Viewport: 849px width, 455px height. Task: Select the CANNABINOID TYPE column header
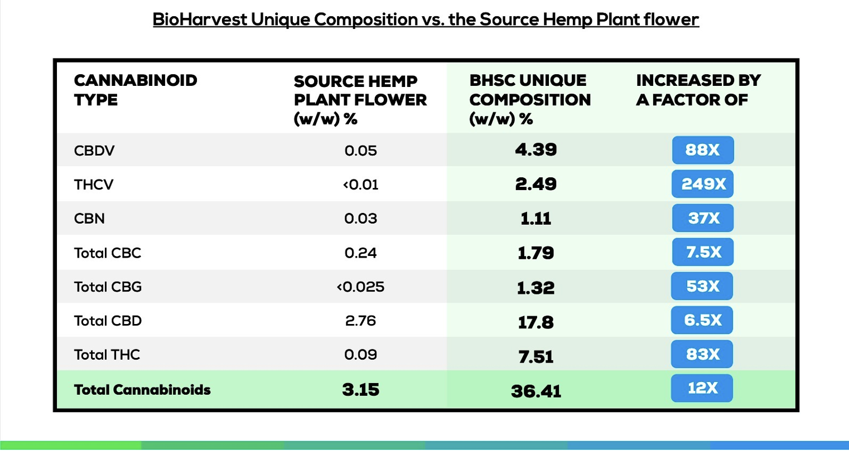pyautogui.click(x=136, y=90)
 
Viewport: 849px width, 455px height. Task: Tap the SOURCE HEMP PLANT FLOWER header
pyautogui.click(x=360, y=100)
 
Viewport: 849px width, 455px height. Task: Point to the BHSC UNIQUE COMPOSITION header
pyautogui.click(x=529, y=99)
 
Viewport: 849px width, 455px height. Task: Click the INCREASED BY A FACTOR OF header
pyautogui.click(x=698, y=90)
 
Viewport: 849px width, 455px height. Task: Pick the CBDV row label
pyautogui.click(x=94, y=151)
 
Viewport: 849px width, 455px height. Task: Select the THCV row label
pyautogui.click(x=94, y=185)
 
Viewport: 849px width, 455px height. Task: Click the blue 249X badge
pyautogui.click(x=702, y=184)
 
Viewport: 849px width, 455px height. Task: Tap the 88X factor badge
pyautogui.click(x=702, y=150)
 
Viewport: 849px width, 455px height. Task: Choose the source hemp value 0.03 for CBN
pyautogui.click(x=360, y=219)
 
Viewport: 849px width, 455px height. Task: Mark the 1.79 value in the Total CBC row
pyautogui.click(x=536, y=253)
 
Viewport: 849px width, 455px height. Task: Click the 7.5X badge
pyautogui.click(x=702, y=252)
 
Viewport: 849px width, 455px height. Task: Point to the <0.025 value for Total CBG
pyautogui.click(x=360, y=287)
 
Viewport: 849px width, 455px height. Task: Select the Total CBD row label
pyautogui.click(x=108, y=321)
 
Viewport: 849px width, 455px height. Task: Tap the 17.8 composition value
pyautogui.click(x=536, y=322)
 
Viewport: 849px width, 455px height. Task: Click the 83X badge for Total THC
pyautogui.click(x=702, y=354)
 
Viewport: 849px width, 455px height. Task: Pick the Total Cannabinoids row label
pyautogui.click(x=142, y=390)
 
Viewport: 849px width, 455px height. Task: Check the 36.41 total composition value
pyautogui.click(x=536, y=391)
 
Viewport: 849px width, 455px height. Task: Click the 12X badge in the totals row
pyautogui.click(x=702, y=388)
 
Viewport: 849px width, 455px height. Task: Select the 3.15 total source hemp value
pyautogui.click(x=360, y=390)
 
